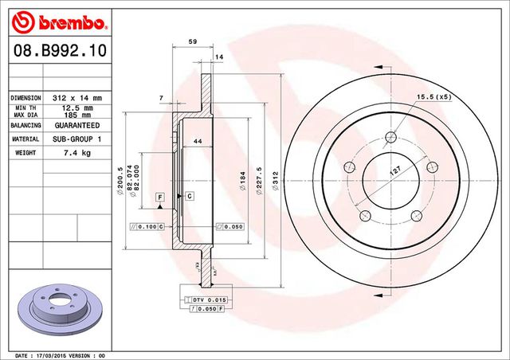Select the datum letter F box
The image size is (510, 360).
pyautogui.click(x=159, y=196)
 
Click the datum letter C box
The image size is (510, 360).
pyautogui.click(x=190, y=195)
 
